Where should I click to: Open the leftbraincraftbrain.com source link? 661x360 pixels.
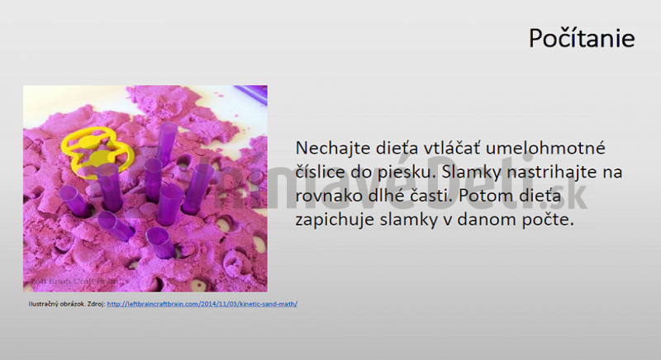[x=202, y=304]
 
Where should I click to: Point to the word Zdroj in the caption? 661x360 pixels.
[x=97, y=304]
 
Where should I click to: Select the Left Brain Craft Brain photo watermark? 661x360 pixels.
[x=66, y=282]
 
